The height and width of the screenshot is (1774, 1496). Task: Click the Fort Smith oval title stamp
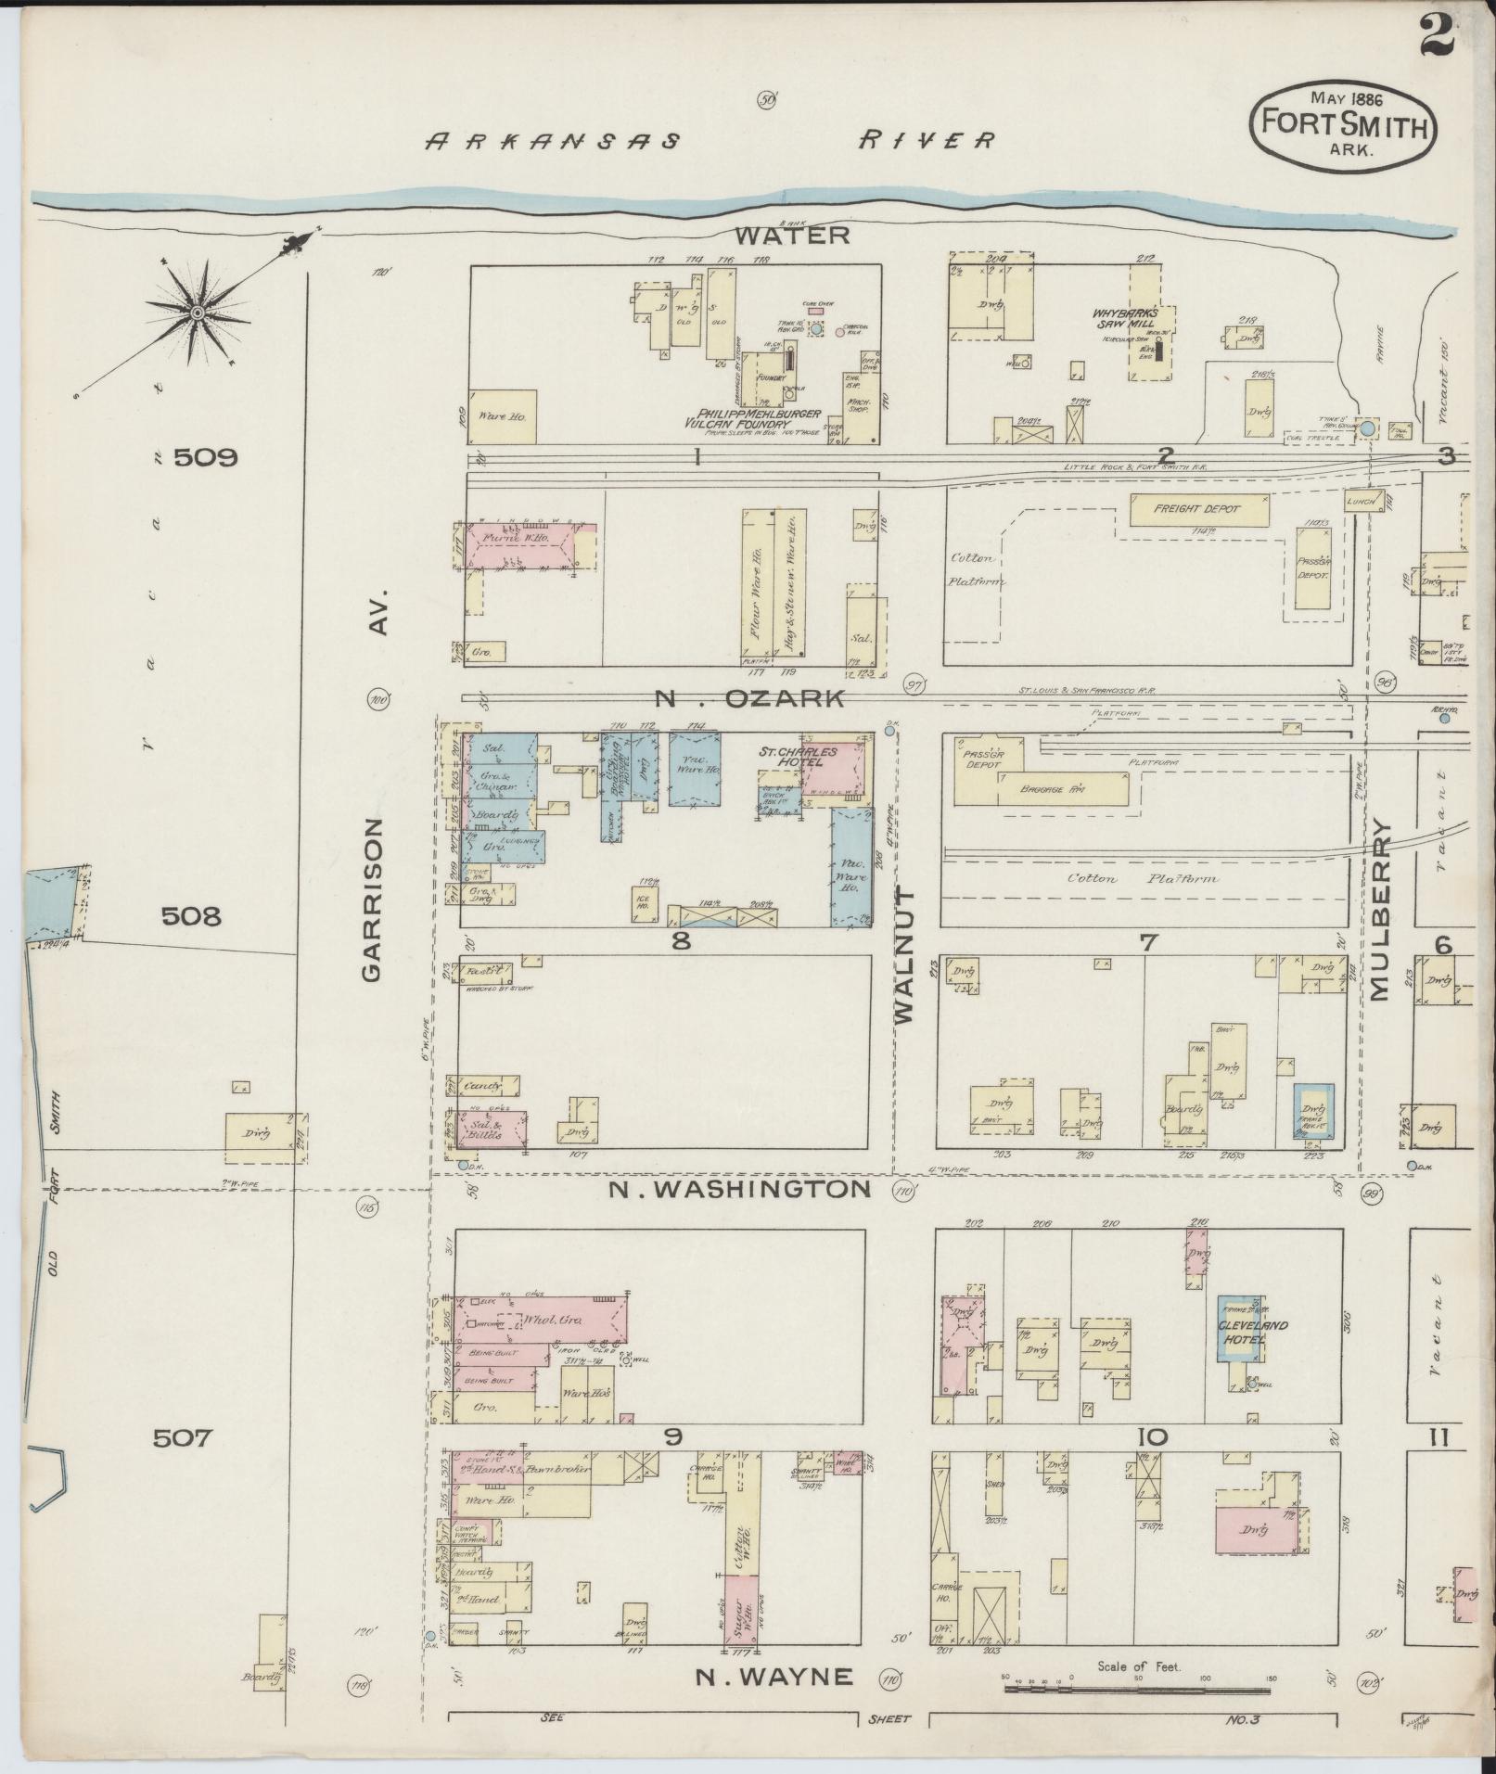click(x=1343, y=124)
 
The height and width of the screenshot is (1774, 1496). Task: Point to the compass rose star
click(x=197, y=315)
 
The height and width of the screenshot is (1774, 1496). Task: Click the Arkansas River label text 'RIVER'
click(x=927, y=140)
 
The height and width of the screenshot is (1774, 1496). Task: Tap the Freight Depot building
click(x=1197, y=509)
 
